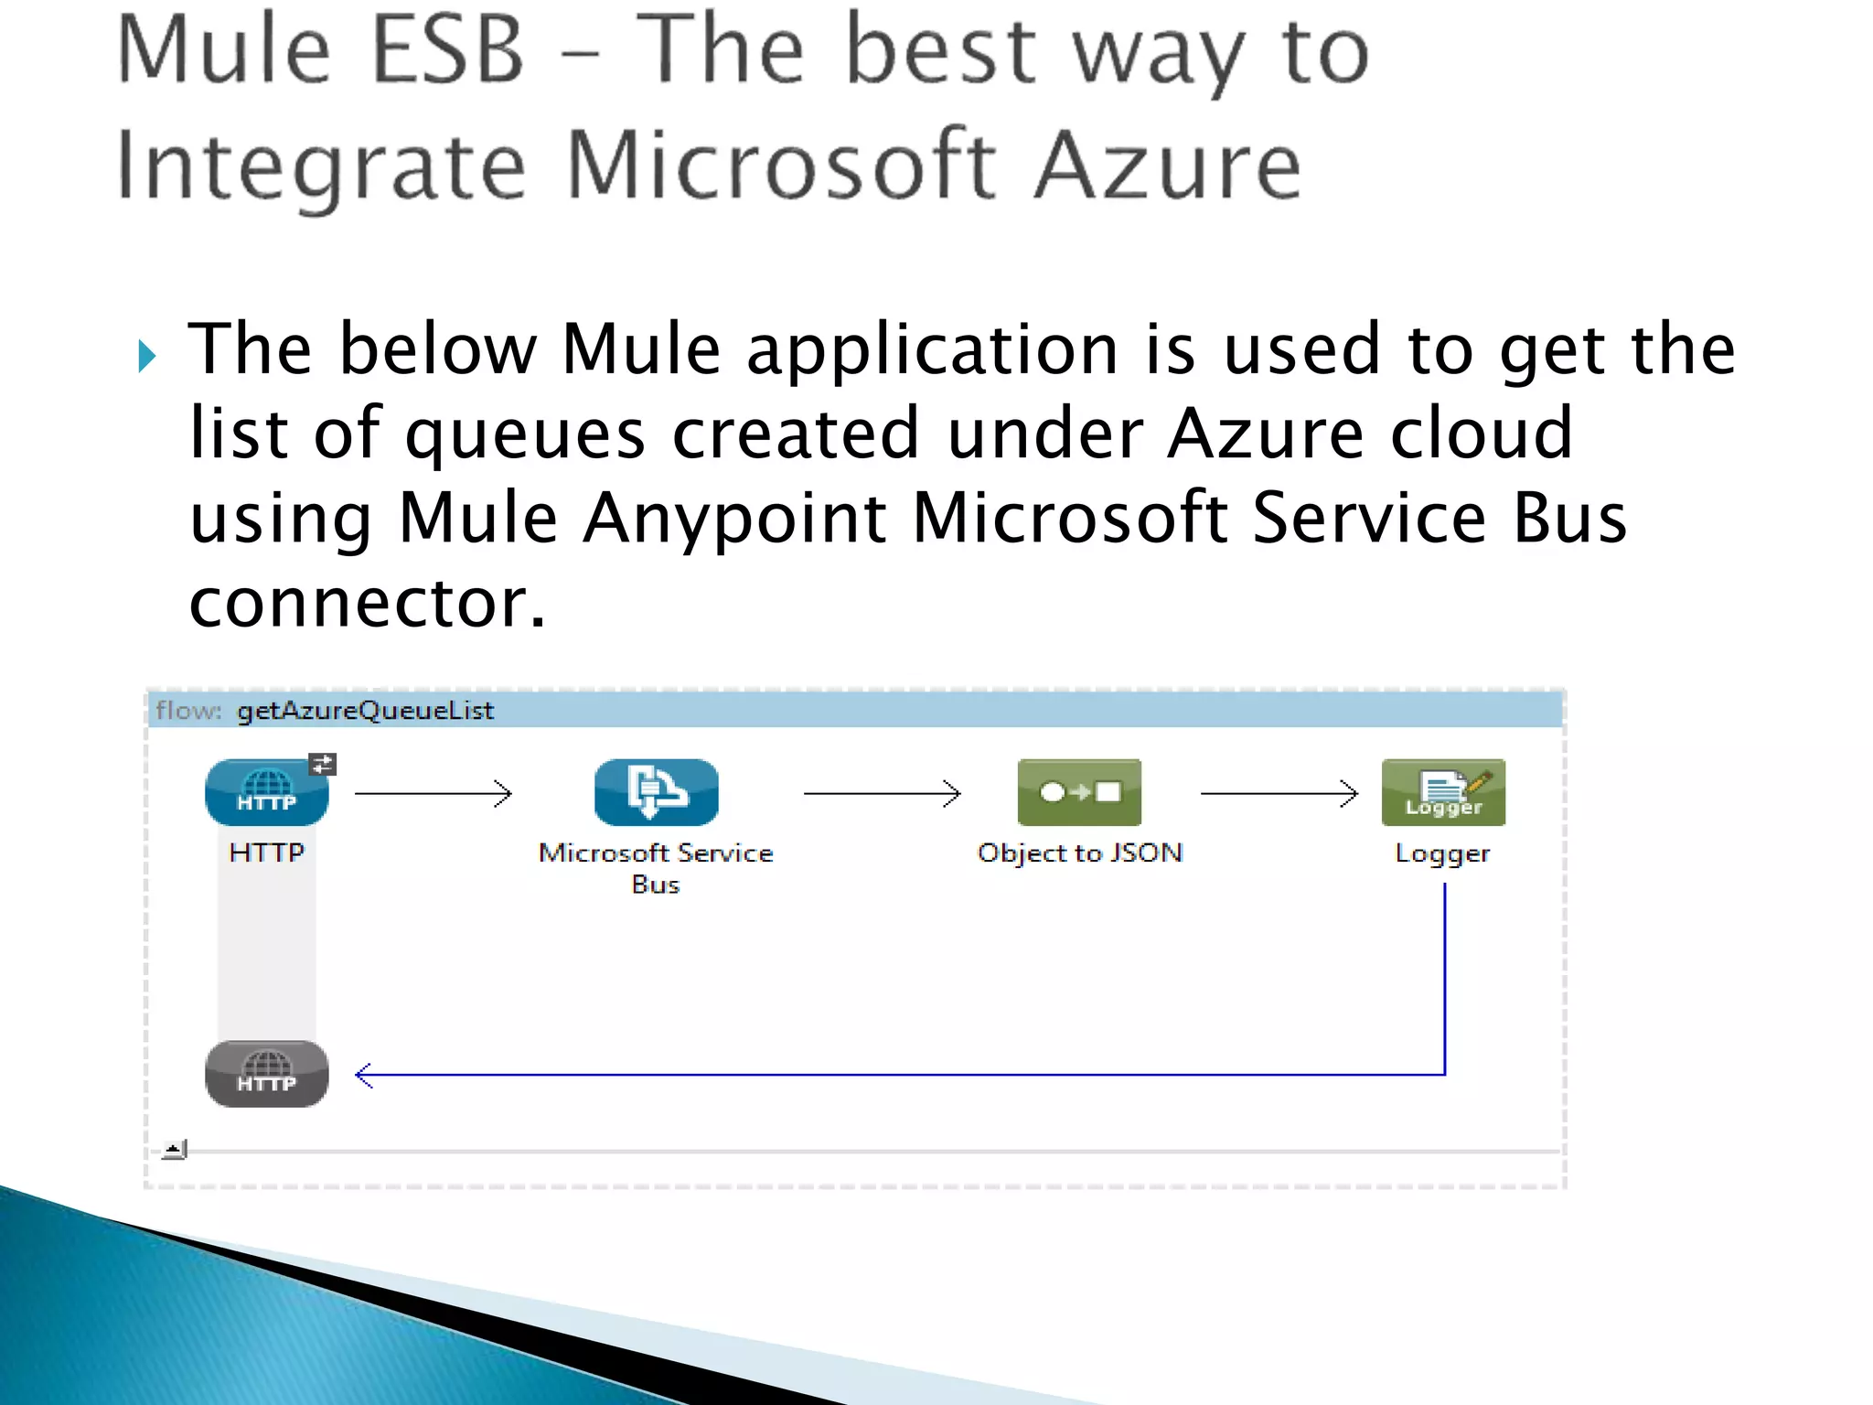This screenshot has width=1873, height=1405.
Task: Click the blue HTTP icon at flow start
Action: pos(266,792)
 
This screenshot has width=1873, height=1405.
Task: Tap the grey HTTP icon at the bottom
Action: pos(266,1073)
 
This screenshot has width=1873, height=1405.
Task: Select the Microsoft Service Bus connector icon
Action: pos(656,792)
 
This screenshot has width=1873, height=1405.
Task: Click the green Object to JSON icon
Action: pos(1079,792)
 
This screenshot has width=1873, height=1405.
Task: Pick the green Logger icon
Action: pos(1443,792)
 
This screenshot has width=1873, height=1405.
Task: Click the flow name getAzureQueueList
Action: pos(365,711)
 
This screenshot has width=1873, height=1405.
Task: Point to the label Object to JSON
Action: pos(1079,853)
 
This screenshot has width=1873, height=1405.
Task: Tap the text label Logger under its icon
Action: pos(1442,854)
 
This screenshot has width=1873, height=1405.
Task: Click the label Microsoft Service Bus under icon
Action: pos(656,867)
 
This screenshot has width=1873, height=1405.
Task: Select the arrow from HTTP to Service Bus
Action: pos(433,793)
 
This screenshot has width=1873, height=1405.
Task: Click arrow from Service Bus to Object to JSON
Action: pos(882,793)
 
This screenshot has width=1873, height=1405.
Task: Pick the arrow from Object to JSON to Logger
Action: pos(1279,793)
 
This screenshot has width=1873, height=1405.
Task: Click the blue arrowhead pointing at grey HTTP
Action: pos(364,1075)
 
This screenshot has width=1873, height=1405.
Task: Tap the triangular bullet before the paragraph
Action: pos(147,356)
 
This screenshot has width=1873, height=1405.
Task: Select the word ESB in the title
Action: pos(448,50)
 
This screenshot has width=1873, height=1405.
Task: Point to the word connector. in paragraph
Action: pos(367,603)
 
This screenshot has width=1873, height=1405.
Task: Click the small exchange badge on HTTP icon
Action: pos(323,764)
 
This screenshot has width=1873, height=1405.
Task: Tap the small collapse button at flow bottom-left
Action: pos(174,1150)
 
